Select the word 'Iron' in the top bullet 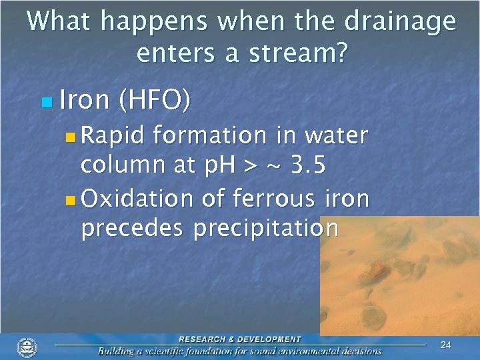coord(84,101)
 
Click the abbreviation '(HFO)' coord(154,101)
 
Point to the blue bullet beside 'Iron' coord(45,103)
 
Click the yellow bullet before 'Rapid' coord(71,137)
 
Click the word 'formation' coord(209,136)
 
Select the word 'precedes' coord(133,228)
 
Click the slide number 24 coord(446,345)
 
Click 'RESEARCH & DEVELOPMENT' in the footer coord(239,339)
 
